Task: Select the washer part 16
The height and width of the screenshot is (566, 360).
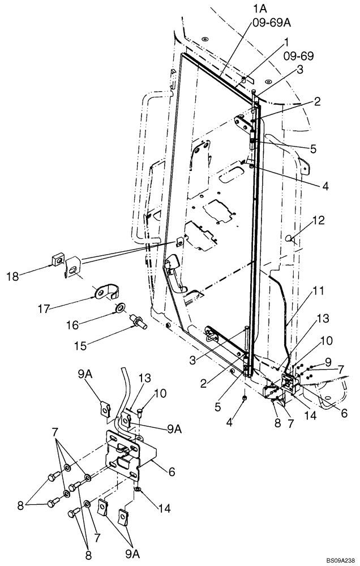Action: (120, 308)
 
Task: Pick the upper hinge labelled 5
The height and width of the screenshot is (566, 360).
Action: (253, 141)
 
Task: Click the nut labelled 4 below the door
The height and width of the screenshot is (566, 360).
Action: (243, 399)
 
